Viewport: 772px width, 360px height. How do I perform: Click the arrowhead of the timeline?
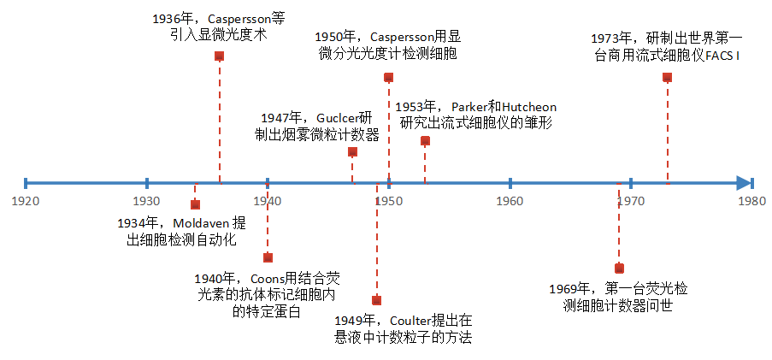click(x=745, y=182)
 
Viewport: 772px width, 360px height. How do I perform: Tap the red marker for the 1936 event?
click(x=219, y=56)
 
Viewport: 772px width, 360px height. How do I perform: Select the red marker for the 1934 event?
click(x=195, y=204)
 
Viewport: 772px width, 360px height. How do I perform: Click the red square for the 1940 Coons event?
click(x=268, y=257)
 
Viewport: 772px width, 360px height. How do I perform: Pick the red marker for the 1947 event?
click(x=352, y=151)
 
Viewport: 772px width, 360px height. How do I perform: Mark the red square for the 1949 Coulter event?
click(x=376, y=300)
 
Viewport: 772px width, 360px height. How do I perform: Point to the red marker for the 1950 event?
click(x=388, y=77)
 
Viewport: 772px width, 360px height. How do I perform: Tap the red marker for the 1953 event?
click(x=425, y=140)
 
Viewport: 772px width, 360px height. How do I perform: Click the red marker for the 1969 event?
click(x=619, y=269)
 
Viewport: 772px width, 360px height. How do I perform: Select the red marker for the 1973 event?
click(x=667, y=77)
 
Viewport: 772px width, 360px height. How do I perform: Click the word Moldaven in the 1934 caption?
click(x=199, y=223)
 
